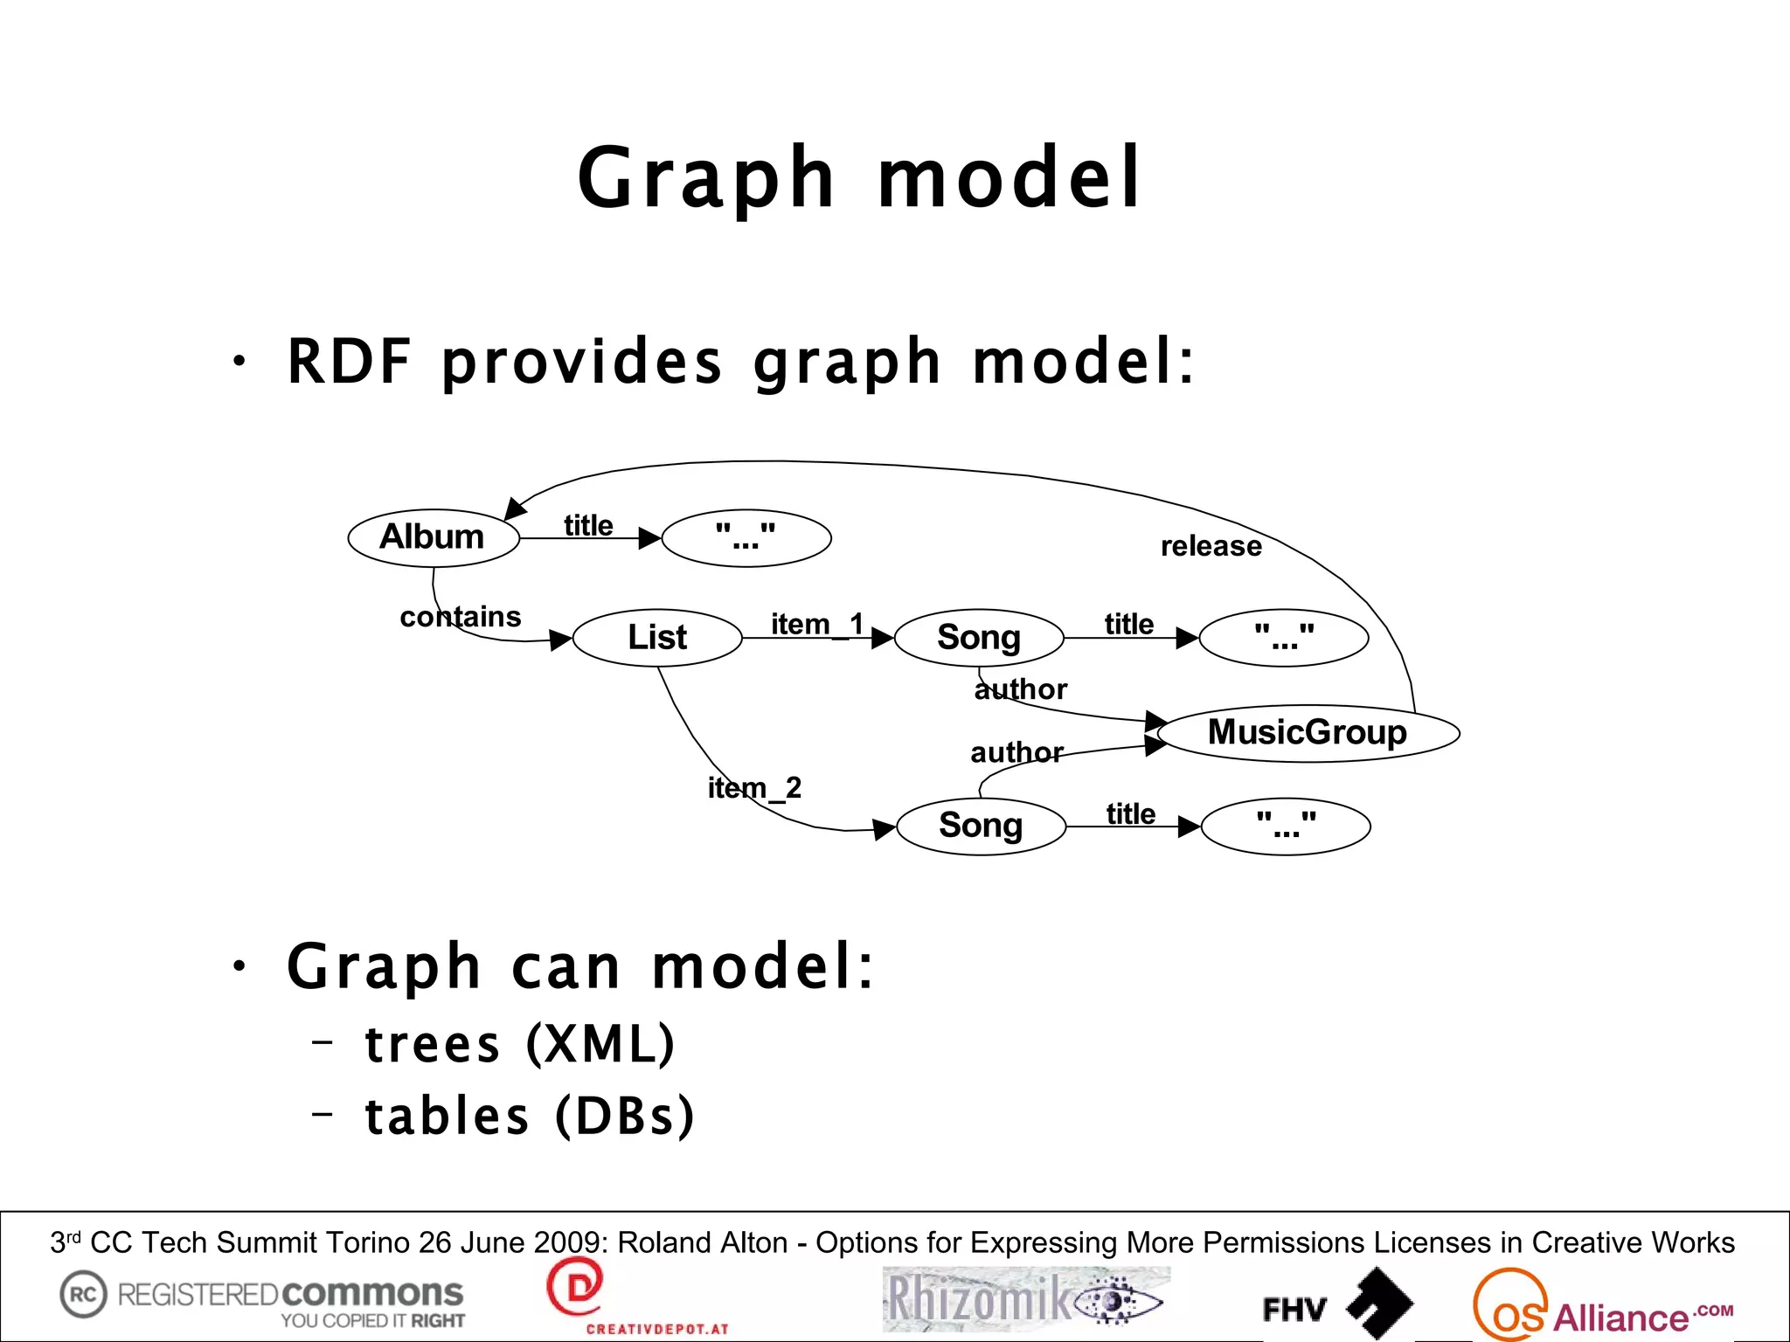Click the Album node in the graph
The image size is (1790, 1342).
(434, 537)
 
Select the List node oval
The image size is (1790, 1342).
(657, 638)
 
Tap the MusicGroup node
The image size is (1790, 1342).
(1308, 733)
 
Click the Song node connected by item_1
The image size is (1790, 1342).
(979, 638)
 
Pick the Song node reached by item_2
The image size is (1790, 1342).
(981, 826)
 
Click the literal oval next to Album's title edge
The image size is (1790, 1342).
(746, 537)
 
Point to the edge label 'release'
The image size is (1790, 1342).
(1211, 547)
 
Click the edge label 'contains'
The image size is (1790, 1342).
(460, 617)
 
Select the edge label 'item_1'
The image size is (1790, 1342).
(816, 625)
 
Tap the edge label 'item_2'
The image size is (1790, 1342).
(754, 788)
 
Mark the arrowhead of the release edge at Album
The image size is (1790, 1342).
(516, 508)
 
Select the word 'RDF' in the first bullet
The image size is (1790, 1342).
(350, 361)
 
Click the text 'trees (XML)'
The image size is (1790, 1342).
(519, 1044)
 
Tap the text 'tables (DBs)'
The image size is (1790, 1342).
(529, 1117)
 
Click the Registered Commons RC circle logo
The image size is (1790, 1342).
(83, 1294)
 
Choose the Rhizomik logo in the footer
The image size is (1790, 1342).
(1025, 1299)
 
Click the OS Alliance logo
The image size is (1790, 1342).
(1601, 1306)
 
